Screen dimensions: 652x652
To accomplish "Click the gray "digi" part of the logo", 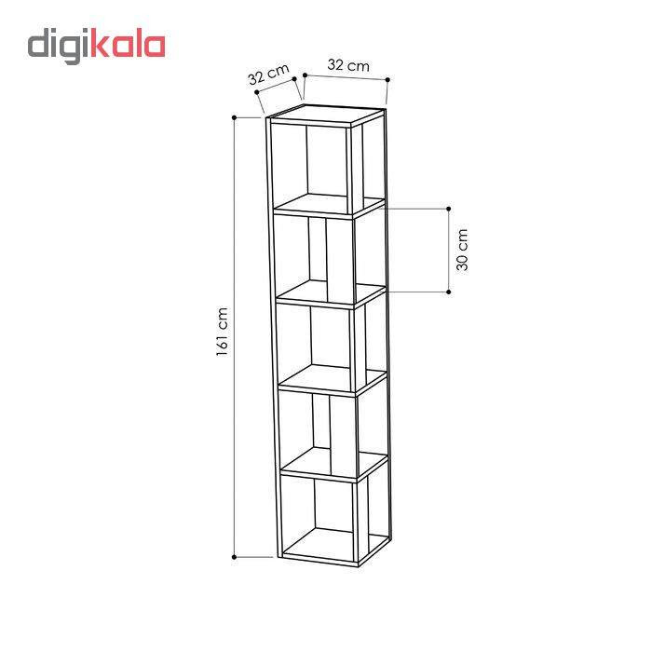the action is [x=59, y=46].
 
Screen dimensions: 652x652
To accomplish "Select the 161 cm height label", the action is [x=222, y=332].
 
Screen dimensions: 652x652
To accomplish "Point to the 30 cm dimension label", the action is [x=462, y=250].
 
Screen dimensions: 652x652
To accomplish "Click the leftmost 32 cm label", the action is [x=268, y=74].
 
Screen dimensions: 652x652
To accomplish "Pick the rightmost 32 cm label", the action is [x=348, y=65].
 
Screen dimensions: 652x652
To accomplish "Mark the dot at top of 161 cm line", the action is [x=234, y=117].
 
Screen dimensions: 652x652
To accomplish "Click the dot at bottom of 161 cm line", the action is [x=234, y=557].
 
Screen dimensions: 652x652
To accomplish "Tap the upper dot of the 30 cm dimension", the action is [x=449, y=209].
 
